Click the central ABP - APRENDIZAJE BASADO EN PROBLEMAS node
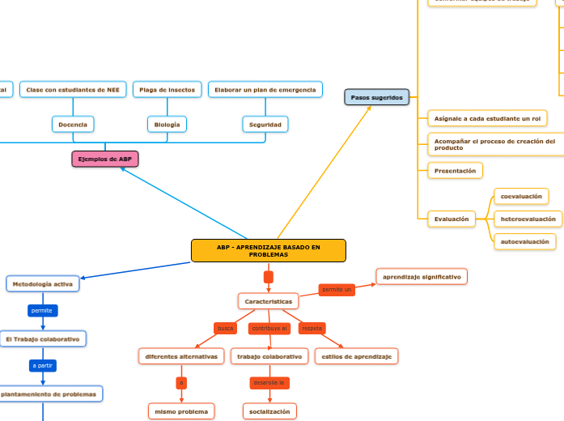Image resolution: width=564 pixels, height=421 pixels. pyautogui.click(x=268, y=251)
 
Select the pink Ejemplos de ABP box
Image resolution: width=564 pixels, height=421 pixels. pyautogui.click(x=105, y=159)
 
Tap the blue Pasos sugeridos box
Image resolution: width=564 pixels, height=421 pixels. pyautogui.click(x=376, y=97)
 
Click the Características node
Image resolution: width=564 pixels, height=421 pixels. pyautogui.click(x=268, y=301)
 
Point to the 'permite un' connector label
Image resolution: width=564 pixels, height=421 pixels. pyautogui.click(x=337, y=289)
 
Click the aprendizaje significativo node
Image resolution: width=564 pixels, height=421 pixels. pyautogui.click(x=422, y=277)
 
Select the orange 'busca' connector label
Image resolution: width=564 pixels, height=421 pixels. pyautogui.click(x=225, y=328)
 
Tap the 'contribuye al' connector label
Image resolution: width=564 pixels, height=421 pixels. pyautogui.click(x=269, y=328)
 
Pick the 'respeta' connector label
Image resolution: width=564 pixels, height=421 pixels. pyautogui.click(x=312, y=328)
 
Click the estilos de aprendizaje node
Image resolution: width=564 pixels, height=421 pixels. pyautogui.click(x=356, y=356)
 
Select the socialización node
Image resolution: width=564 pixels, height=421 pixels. pyautogui.click(x=269, y=411)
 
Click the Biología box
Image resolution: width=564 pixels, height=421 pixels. pyautogui.click(x=168, y=125)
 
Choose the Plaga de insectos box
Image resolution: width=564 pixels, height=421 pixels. pyautogui.click(x=168, y=90)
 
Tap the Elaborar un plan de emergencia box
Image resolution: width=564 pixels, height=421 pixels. pyautogui.click(x=265, y=90)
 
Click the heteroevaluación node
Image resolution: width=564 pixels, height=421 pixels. pyautogui.click(x=528, y=219)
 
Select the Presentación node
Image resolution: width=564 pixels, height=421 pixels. pyautogui.click(x=455, y=171)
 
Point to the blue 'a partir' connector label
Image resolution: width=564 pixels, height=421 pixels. pyautogui.click(x=43, y=366)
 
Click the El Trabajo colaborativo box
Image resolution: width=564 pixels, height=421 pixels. pyautogui.click(x=43, y=339)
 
